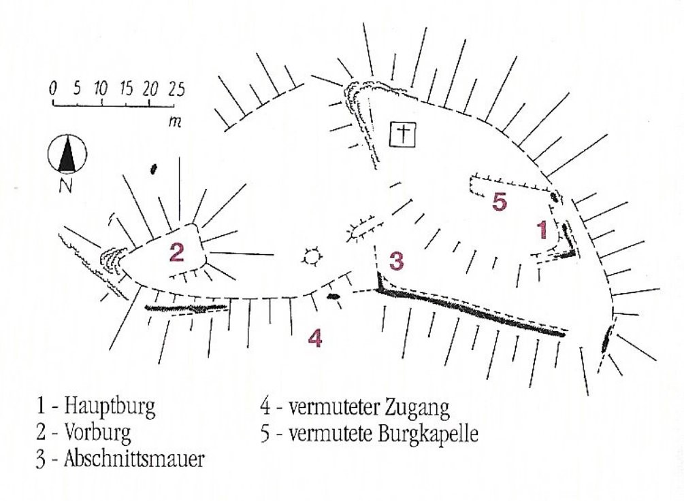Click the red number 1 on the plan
coord(542,230)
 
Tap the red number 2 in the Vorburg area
coord(177,252)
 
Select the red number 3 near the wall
coord(396,260)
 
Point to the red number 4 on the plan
coord(315,338)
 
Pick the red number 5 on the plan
coord(500,202)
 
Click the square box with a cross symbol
coord(403,135)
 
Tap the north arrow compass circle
coord(67,154)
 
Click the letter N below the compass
coord(66,185)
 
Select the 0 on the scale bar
coord(53,89)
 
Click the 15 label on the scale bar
coord(126,89)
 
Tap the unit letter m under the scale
coord(175,122)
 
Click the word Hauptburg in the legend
coord(110,407)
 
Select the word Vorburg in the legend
coord(97,432)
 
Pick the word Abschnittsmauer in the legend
coord(134,460)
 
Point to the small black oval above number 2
coord(152,169)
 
